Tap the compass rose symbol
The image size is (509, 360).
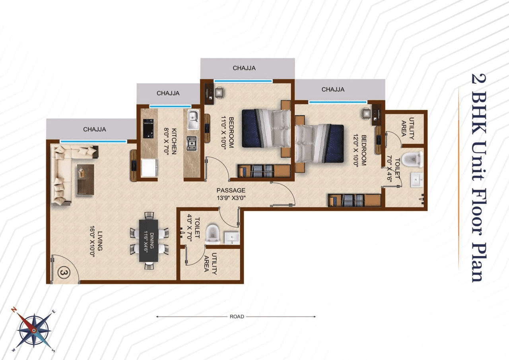point(34,330)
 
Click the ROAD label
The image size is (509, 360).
point(237,317)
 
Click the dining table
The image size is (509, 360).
point(149,241)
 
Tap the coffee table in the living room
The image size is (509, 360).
point(85,179)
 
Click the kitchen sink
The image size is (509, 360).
point(193,119)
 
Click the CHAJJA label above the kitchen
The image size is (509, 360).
point(168,93)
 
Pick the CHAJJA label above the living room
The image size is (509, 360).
point(94,129)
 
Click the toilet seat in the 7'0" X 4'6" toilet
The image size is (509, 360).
point(412,160)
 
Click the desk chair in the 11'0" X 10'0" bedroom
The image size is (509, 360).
point(219,92)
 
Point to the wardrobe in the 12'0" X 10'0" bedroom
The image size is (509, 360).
point(354,200)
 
